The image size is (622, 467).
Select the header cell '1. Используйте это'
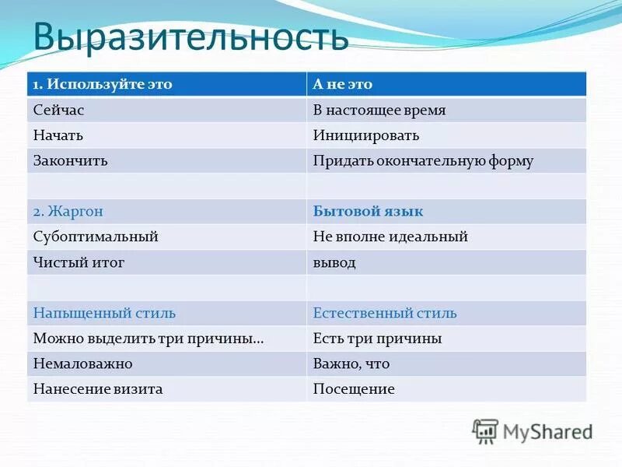coord(102,85)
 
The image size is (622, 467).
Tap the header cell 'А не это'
coord(343,85)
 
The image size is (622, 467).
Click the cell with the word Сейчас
coord(57,110)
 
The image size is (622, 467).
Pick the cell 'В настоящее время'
coord(379,110)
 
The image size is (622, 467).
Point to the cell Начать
coord(58,135)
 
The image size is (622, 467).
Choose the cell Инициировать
coord(366,135)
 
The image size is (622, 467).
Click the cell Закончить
coord(70,160)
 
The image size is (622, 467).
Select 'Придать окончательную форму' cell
coord(423,160)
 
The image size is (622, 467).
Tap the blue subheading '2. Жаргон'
coord(68,212)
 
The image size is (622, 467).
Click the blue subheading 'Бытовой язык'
coord(368,212)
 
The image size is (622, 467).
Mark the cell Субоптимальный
coord(96,237)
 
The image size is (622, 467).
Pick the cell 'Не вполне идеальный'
coord(390,237)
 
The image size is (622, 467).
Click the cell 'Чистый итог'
coord(79,262)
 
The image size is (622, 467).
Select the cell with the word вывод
coord(334,262)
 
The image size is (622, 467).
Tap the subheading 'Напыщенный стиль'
coord(104,314)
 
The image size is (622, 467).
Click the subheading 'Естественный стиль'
coord(385,314)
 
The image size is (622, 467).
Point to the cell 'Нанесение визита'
coord(98,389)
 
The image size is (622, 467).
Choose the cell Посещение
coord(354,389)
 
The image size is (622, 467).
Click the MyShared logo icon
coord(486,430)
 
